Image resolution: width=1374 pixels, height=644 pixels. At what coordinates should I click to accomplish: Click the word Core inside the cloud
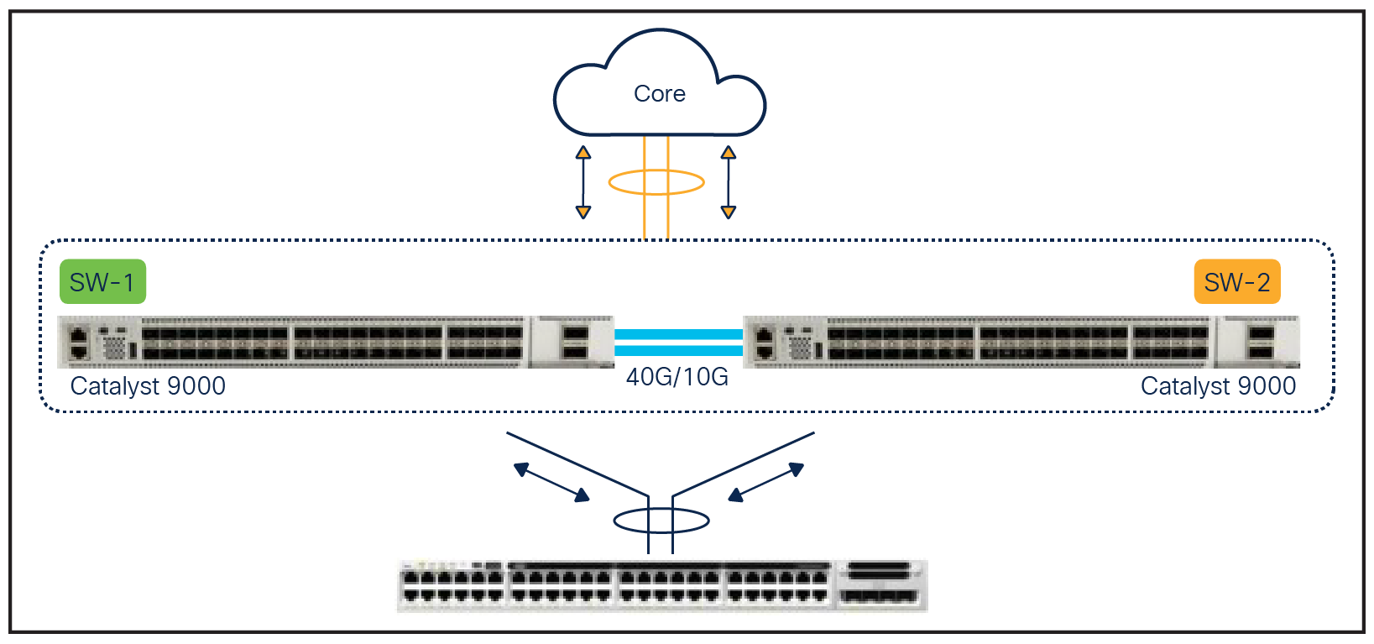tap(660, 94)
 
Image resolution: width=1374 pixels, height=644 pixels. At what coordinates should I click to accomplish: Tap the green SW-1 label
tap(102, 282)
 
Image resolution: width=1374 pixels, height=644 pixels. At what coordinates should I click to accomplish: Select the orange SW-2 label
tap(1236, 282)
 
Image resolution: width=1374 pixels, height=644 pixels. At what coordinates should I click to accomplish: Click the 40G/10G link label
tap(677, 377)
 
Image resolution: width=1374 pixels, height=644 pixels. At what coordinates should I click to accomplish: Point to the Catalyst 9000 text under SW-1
tap(148, 386)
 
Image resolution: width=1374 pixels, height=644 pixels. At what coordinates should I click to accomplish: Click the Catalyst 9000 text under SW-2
tap(1218, 386)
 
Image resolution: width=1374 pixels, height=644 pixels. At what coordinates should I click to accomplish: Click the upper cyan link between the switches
tap(678, 334)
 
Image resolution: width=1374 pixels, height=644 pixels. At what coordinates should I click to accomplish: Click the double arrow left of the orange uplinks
tap(583, 182)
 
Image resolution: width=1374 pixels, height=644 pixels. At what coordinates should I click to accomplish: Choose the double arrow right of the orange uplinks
tap(729, 182)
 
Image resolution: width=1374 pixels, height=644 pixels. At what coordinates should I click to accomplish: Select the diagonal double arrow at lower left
tap(551, 483)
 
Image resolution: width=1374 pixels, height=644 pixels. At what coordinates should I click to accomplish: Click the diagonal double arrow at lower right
tap(765, 483)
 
